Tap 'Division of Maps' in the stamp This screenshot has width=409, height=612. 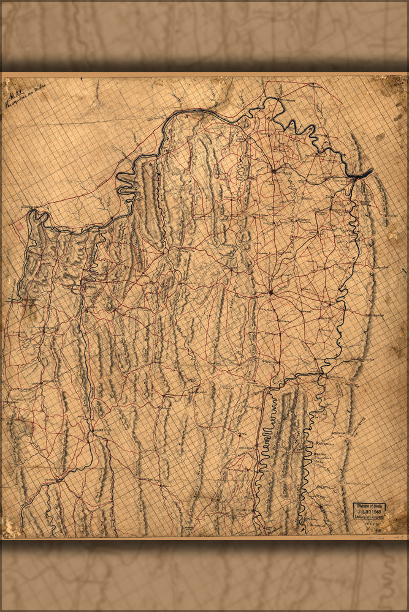tap(370, 506)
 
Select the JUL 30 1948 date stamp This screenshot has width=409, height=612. tap(370, 511)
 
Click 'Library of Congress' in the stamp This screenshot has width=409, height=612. tap(370, 516)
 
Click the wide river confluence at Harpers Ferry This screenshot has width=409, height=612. tap(360, 175)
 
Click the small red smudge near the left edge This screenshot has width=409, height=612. tap(18, 225)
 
